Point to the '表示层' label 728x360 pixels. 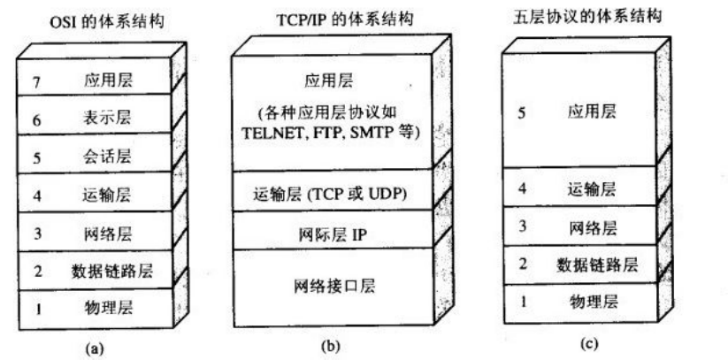[116, 119]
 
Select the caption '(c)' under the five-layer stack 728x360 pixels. [585, 346]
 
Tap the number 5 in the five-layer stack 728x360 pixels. [522, 112]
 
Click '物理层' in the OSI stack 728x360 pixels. [116, 309]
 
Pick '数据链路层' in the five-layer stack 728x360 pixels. [598, 264]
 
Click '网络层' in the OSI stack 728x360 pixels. [116, 233]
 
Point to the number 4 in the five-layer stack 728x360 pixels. [522, 188]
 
